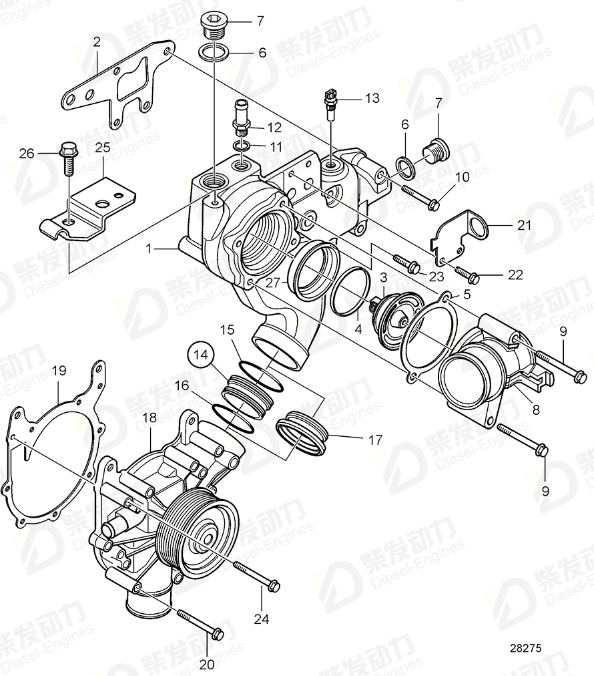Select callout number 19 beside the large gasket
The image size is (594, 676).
[59, 369]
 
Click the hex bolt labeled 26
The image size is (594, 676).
[67, 157]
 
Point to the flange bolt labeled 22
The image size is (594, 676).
[465, 275]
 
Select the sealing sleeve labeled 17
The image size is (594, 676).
[304, 434]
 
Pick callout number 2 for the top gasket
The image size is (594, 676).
[97, 43]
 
